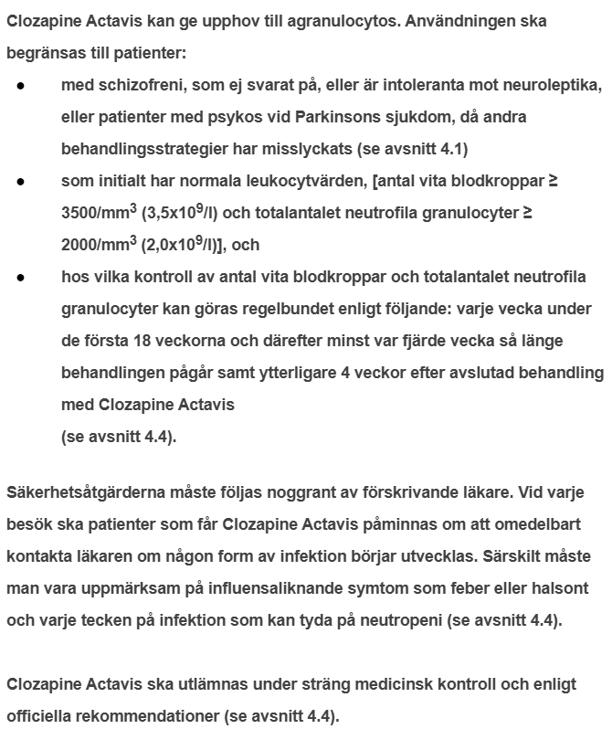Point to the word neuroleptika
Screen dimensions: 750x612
point(554,85)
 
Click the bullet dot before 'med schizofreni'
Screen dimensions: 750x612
point(20,85)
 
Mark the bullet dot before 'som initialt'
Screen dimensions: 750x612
point(20,181)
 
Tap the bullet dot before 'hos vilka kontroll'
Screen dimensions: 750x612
point(20,277)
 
